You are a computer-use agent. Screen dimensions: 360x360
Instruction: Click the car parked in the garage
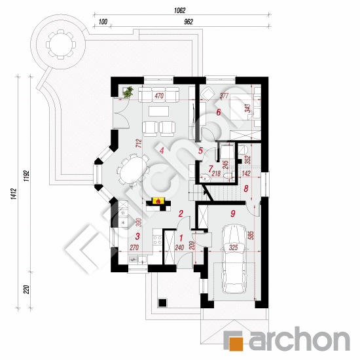[x=234, y=259]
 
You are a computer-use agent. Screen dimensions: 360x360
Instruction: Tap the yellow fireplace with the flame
[x=158, y=201]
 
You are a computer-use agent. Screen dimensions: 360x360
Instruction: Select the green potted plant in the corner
[x=128, y=92]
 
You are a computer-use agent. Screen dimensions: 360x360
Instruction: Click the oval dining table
[x=133, y=170]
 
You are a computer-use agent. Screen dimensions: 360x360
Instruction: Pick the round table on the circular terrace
[x=60, y=45]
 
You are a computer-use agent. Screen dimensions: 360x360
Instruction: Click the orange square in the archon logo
[x=236, y=344]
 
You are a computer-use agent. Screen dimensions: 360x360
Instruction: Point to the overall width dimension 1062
[x=180, y=10]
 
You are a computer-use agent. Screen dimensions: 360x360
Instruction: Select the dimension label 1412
[x=14, y=194]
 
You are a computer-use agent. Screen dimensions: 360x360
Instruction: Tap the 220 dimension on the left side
[x=26, y=289]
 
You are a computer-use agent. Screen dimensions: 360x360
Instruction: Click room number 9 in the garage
[x=233, y=214]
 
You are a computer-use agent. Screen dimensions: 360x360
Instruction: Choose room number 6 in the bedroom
[x=219, y=113]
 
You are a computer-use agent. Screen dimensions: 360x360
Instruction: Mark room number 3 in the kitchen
[x=137, y=236]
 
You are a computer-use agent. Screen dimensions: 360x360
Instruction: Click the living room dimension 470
[x=159, y=96]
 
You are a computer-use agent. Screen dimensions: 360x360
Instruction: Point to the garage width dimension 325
[x=233, y=247]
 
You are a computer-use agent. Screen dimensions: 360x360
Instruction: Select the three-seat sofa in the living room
[x=159, y=94]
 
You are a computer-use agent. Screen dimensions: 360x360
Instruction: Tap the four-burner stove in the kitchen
[x=158, y=240]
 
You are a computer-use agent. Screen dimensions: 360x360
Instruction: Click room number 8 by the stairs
[x=246, y=189]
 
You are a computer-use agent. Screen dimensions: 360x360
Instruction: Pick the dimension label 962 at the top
[x=189, y=22]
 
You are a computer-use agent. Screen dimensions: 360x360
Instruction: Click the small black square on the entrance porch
[x=162, y=302]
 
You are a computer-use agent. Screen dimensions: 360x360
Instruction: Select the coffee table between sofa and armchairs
[x=158, y=111]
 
